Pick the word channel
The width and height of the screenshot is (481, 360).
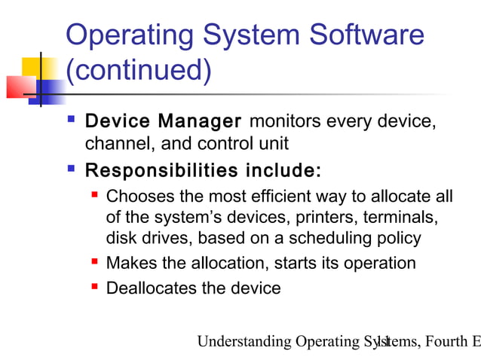point(112,143)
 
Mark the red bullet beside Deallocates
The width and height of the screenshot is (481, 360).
point(95,287)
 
